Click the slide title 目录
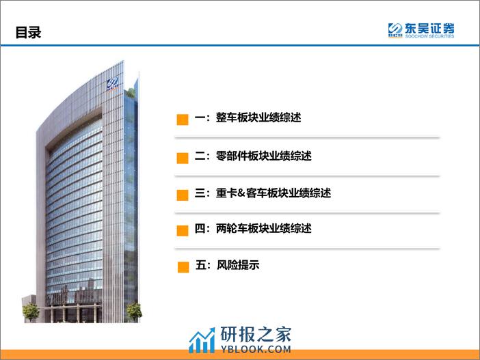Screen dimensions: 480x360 pyautogui.click(x=28, y=32)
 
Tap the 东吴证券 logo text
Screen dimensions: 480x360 pyautogui.click(x=429, y=29)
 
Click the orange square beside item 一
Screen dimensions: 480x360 pyautogui.click(x=183, y=120)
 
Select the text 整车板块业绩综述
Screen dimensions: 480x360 pyautogui.click(x=258, y=117)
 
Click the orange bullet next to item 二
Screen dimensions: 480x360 pyautogui.click(x=183, y=158)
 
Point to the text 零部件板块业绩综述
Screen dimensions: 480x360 pyautogui.click(x=263, y=156)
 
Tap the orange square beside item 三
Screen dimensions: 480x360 pyautogui.click(x=183, y=195)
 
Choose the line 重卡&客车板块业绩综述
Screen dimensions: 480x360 pyautogui.click(x=274, y=193)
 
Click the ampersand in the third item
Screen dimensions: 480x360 pyautogui.click(x=241, y=193)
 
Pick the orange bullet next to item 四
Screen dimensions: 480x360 pyautogui.click(x=183, y=231)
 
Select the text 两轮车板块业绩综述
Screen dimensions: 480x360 pyautogui.click(x=263, y=228)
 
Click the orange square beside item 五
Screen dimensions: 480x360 pyautogui.click(x=183, y=267)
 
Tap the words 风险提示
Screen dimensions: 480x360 pyautogui.click(x=238, y=265)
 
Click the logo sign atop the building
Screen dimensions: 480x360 pyautogui.click(x=112, y=83)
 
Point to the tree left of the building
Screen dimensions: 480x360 pyautogui.click(x=31, y=312)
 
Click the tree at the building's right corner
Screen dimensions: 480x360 pyautogui.click(x=134, y=312)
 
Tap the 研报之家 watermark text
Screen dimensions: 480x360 pyautogui.click(x=256, y=334)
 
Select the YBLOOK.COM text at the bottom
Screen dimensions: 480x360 pyautogui.click(x=256, y=349)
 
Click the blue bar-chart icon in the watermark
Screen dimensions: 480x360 pyautogui.click(x=202, y=340)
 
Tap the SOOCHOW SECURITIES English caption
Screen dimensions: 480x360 pyautogui.click(x=429, y=36)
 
